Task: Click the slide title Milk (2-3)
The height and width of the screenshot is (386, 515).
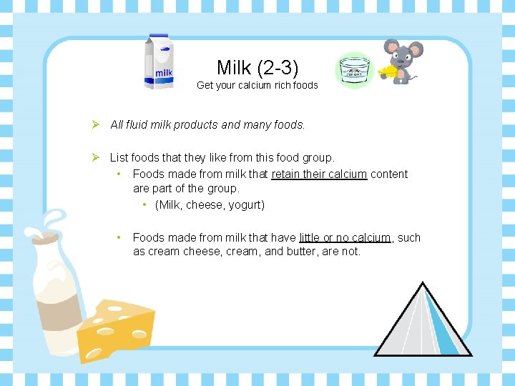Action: coord(257,67)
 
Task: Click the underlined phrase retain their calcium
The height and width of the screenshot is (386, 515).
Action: coord(319,174)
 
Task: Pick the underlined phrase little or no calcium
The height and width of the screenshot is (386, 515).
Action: coord(345,237)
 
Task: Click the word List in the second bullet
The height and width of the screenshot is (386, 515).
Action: coord(119,157)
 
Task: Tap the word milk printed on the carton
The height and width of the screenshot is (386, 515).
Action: coord(164,72)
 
